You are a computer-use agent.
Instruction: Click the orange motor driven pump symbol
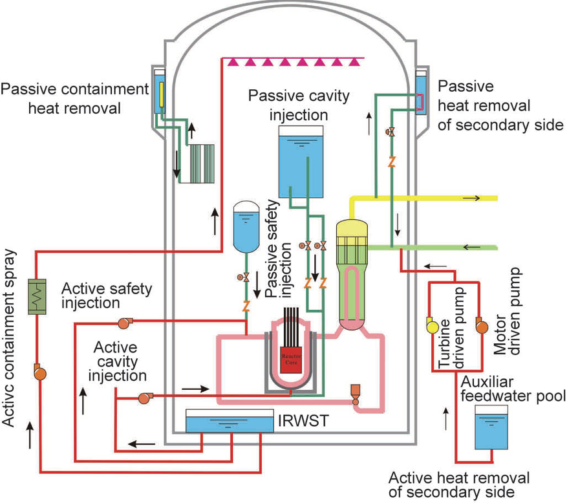click(x=480, y=325)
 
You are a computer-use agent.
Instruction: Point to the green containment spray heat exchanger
click(x=37, y=298)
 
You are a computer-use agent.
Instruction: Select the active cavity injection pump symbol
click(x=144, y=398)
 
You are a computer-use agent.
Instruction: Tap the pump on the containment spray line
click(x=38, y=372)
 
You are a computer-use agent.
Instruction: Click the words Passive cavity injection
click(x=299, y=105)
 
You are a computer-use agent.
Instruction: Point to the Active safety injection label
click(x=107, y=295)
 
